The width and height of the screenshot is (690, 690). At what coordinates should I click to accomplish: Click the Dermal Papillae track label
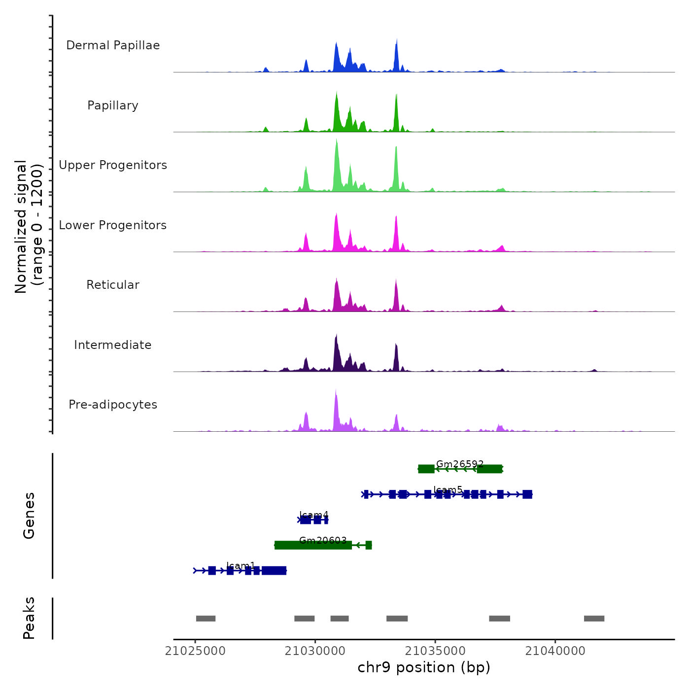coord(113,45)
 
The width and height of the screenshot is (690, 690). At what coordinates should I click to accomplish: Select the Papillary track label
coord(113,105)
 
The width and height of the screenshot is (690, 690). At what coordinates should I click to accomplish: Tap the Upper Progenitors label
coord(113,165)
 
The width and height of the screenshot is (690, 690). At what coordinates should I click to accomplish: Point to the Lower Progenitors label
coord(113,225)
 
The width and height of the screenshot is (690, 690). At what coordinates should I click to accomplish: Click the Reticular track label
coord(113,285)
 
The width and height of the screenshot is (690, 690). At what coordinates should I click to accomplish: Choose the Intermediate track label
coord(113,345)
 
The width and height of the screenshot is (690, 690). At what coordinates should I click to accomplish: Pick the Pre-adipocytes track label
coord(113,405)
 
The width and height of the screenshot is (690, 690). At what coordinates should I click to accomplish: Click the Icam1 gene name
coord(241,566)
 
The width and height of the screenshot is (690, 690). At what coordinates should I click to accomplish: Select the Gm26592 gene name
coord(460,464)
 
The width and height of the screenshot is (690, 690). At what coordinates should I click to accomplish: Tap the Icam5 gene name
coord(448,490)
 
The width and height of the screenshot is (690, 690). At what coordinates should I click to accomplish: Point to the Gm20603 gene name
coord(323,541)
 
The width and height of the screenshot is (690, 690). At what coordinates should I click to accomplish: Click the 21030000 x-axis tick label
coord(315,651)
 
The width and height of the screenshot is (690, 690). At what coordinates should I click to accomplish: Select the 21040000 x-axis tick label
coord(555,651)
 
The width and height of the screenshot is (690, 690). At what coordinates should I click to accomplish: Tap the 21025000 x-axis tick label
coord(195,651)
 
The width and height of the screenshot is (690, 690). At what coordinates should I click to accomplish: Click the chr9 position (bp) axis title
coord(424,667)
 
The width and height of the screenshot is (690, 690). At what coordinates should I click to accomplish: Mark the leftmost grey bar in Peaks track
coord(206,619)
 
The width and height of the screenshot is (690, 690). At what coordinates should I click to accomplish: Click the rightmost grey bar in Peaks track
coord(594,619)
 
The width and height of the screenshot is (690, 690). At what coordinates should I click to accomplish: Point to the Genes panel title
coord(29,516)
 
